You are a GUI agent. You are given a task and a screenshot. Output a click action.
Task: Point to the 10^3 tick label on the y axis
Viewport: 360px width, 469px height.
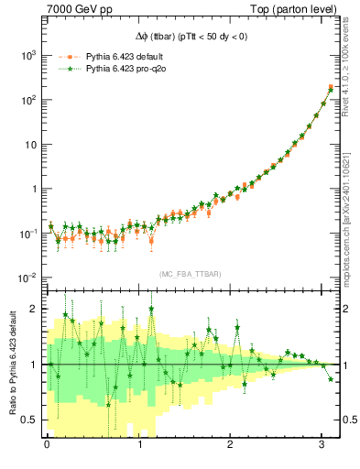coord(28,55)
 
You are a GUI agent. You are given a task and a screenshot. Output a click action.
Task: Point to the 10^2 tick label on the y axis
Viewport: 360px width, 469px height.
coord(28,100)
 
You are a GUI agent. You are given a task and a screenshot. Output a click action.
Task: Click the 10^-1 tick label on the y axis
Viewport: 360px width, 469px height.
coord(28,234)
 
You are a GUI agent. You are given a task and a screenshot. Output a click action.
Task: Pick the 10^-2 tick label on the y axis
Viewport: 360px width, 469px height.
coord(28,278)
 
